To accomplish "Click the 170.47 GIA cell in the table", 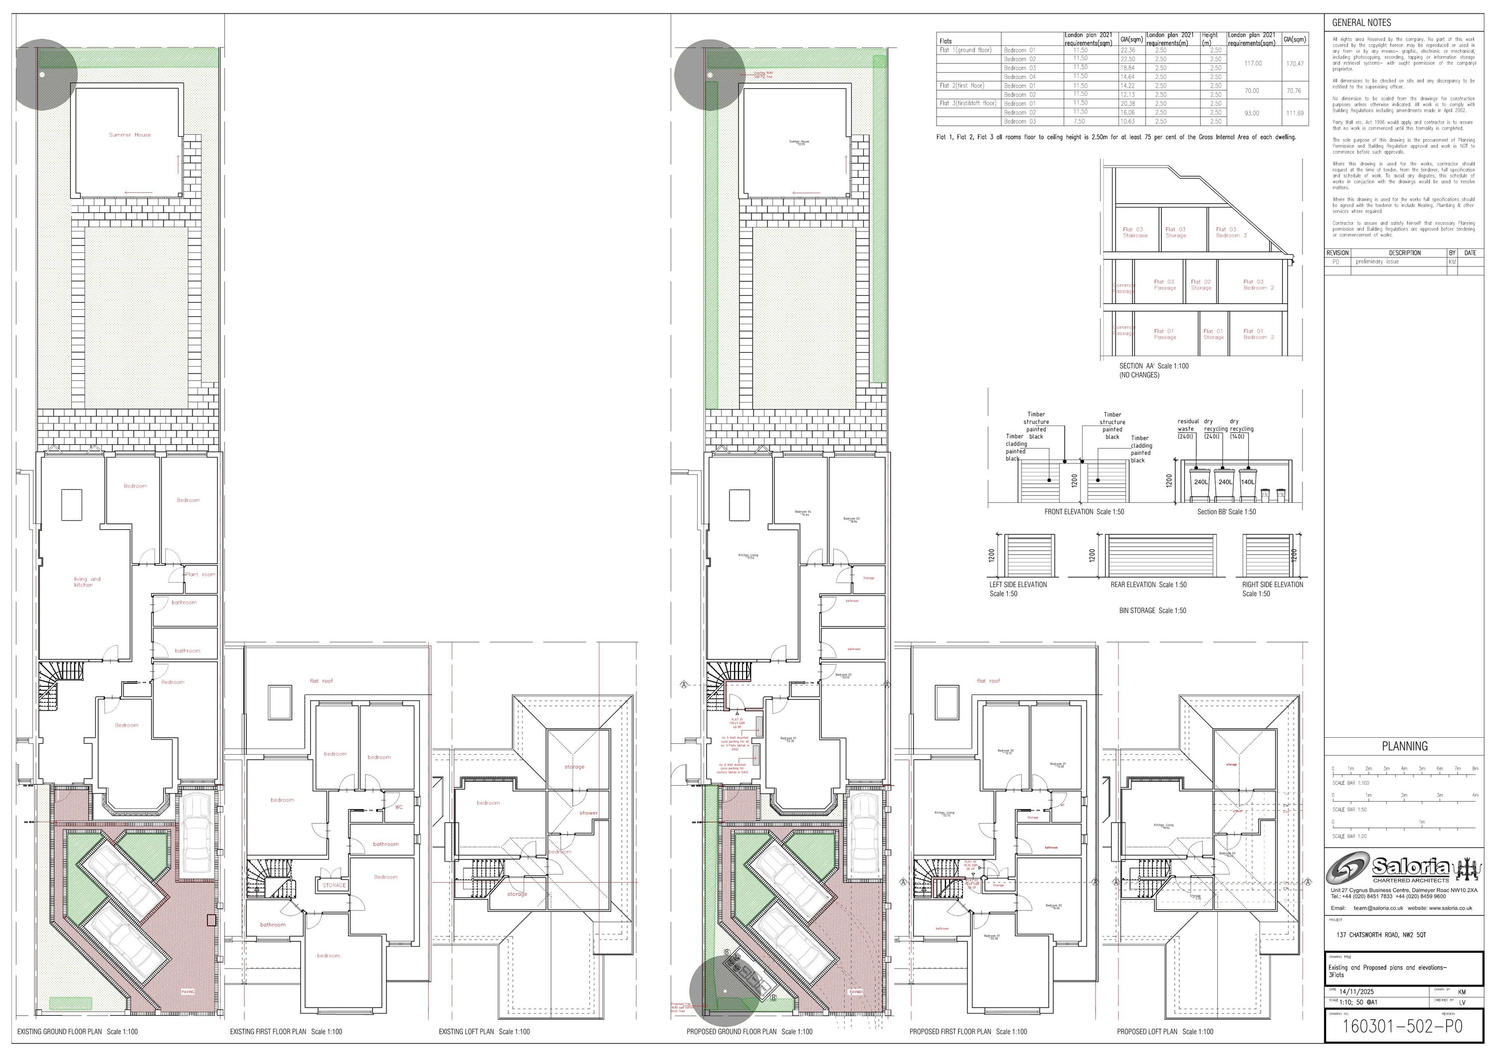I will (x=1294, y=63).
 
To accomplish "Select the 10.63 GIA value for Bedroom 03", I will (x=1127, y=121).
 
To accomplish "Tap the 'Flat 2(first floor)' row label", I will (x=962, y=85).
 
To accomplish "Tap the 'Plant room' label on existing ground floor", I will (x=200, y=575).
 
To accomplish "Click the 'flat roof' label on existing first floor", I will (x=321, y=681).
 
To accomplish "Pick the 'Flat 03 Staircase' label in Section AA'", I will (x=1134, y=232).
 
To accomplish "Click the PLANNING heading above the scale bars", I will (x=1405, y=747).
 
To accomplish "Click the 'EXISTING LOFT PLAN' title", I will (x=484, y=1032).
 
